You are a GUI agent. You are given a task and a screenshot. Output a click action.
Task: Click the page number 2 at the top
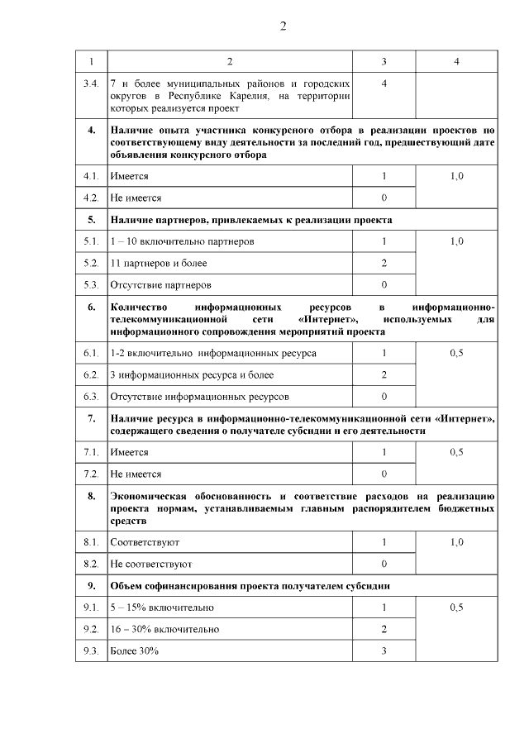[283, 26]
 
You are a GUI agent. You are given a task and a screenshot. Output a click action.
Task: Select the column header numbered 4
[456, 63]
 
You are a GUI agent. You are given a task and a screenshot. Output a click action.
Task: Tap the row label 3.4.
[91, 84]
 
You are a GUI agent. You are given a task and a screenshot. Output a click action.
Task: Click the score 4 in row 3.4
[384, 84]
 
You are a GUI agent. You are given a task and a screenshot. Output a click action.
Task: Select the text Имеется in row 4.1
[129, 177]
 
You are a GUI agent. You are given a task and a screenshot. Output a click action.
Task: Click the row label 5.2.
[91, 263]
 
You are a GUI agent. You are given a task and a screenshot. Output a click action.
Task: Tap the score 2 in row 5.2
[384, 263]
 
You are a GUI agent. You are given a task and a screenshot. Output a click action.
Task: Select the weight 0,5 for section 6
[456, 353]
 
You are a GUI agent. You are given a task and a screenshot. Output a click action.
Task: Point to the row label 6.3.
[91, 396]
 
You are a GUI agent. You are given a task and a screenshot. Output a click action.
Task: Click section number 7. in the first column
[91, 419]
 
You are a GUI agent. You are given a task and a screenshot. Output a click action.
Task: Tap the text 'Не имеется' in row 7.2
[136, 474]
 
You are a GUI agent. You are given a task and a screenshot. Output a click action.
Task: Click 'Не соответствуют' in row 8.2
[150, 564]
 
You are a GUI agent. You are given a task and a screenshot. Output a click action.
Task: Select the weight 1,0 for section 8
[456, 542]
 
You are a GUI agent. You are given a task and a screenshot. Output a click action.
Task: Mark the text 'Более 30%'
[134, 651]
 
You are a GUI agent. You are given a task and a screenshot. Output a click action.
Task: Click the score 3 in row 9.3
[384, 651]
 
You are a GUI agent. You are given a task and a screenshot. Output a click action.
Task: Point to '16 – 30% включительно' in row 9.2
[164, 630]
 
